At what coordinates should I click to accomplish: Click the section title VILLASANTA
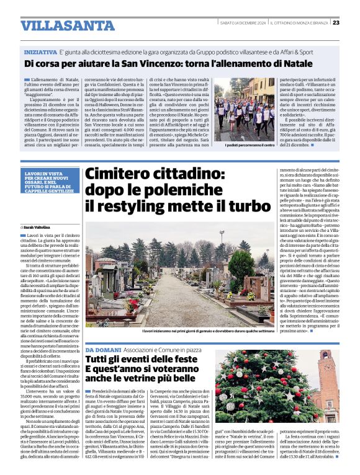[x=59, y=25]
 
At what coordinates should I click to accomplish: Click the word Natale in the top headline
[x=310, y=64]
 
